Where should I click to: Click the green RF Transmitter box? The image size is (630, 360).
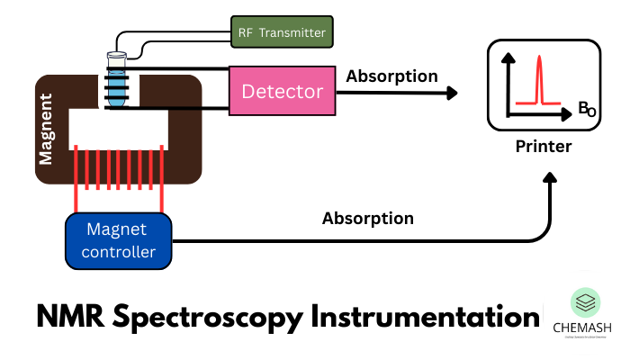click(x=280, y=33)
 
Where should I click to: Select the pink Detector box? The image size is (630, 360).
click(x=282, y=91)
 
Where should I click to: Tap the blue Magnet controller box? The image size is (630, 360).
click(x=118, y=240)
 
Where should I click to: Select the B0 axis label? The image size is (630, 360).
click(x=587, y=111)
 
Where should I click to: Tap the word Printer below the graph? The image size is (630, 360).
click(x=544, y=146)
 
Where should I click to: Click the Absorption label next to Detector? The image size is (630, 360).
click(x=391, y=76)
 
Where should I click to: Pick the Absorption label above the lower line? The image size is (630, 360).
click(x=368, y=218)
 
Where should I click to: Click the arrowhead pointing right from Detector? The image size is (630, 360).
click(x=450, y=92)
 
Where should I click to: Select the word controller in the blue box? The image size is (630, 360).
click(x=118, y=252)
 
